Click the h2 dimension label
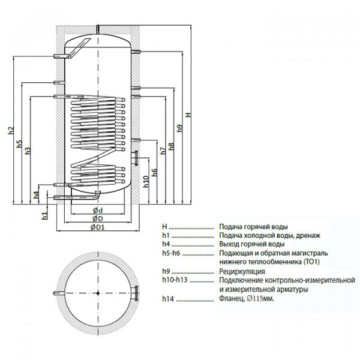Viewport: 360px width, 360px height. [10, 131]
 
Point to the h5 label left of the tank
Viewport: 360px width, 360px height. [19, 145]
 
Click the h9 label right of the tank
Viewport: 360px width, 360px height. [179, 128]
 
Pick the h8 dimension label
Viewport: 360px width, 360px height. [171, 145]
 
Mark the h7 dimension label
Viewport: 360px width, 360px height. [163, 151]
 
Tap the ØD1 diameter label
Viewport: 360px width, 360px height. [98, 228]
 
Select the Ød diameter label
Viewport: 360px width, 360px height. [97, 210]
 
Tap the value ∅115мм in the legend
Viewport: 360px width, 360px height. [259, 298]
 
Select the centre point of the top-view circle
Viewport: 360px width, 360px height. [98, 293]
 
